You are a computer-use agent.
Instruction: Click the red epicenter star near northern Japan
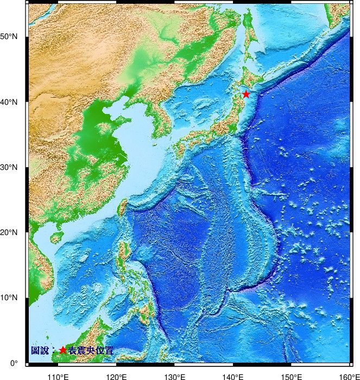[246, 94]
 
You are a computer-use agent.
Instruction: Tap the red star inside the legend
[63, 351]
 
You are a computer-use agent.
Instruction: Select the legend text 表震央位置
[91, 351]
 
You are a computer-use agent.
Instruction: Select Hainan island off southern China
[55, 238]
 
